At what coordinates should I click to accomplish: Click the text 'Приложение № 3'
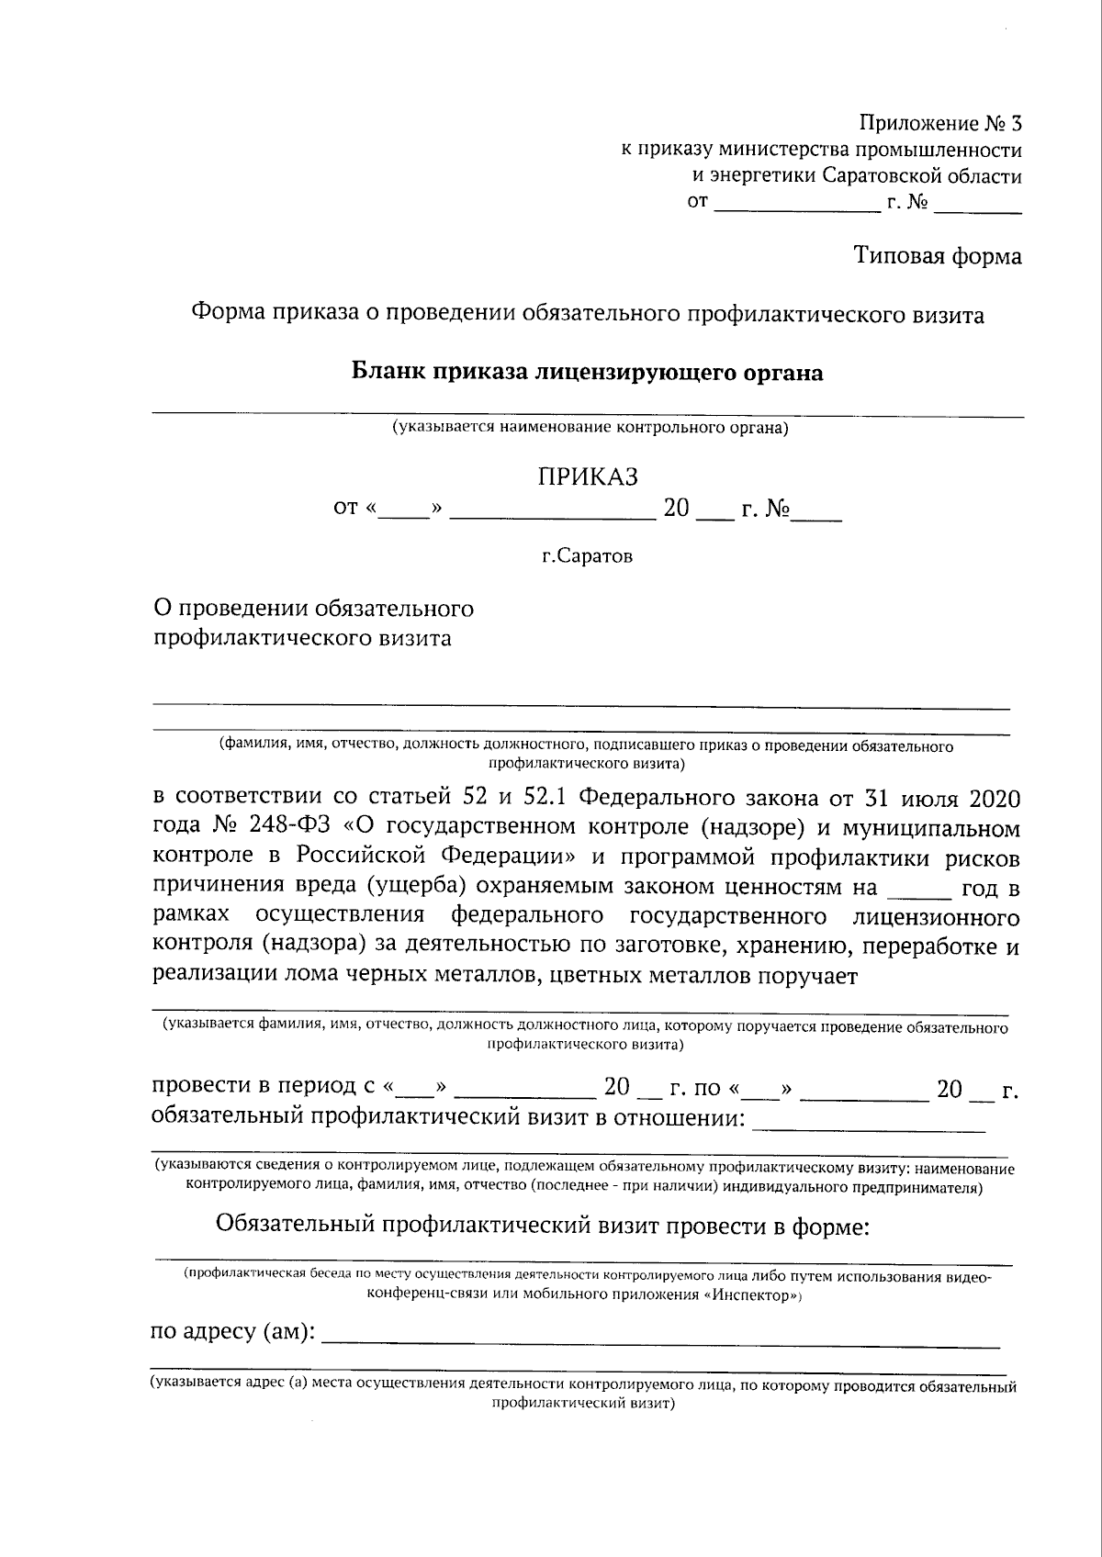tap(939, 123)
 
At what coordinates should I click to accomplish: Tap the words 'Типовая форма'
tap(938, 255)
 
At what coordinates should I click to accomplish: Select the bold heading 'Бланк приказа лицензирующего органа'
tap(588, 372)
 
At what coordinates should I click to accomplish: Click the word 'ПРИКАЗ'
tap(588, 477)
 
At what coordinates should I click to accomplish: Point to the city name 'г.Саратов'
tap(587, 556)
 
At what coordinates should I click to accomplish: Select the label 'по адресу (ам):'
tap(232, 1331)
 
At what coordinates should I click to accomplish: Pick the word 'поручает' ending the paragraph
tap(807, 976)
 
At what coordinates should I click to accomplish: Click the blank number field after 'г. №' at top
tap(978, 204)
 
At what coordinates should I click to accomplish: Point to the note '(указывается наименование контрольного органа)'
tap(590, 428)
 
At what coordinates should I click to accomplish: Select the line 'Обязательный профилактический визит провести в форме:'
tap(542, 1226)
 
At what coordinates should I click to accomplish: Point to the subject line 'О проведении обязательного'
tap(313, 609)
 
